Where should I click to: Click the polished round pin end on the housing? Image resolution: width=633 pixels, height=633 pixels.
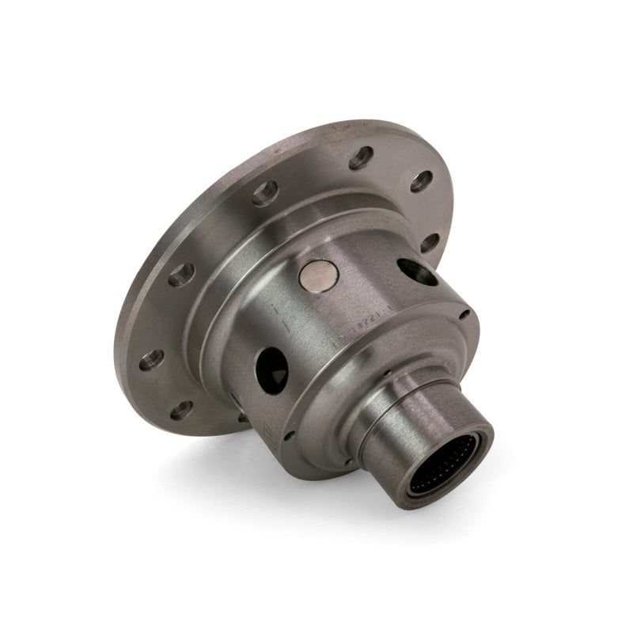coord(319,276)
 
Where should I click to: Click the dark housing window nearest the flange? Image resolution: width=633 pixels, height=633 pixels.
coord(418,271)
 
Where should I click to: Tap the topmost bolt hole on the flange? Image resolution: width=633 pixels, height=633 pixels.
coord(361,157)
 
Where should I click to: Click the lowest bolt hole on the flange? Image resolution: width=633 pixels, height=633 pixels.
coord(181,410)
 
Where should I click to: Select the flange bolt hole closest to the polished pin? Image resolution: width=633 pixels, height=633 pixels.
coord(265,193)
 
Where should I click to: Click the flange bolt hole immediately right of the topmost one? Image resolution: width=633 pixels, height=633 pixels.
coord(422,181)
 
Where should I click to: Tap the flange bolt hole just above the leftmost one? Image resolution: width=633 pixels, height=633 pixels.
coord(181,275)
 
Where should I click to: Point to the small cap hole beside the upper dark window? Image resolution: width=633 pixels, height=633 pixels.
coord(464,314)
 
